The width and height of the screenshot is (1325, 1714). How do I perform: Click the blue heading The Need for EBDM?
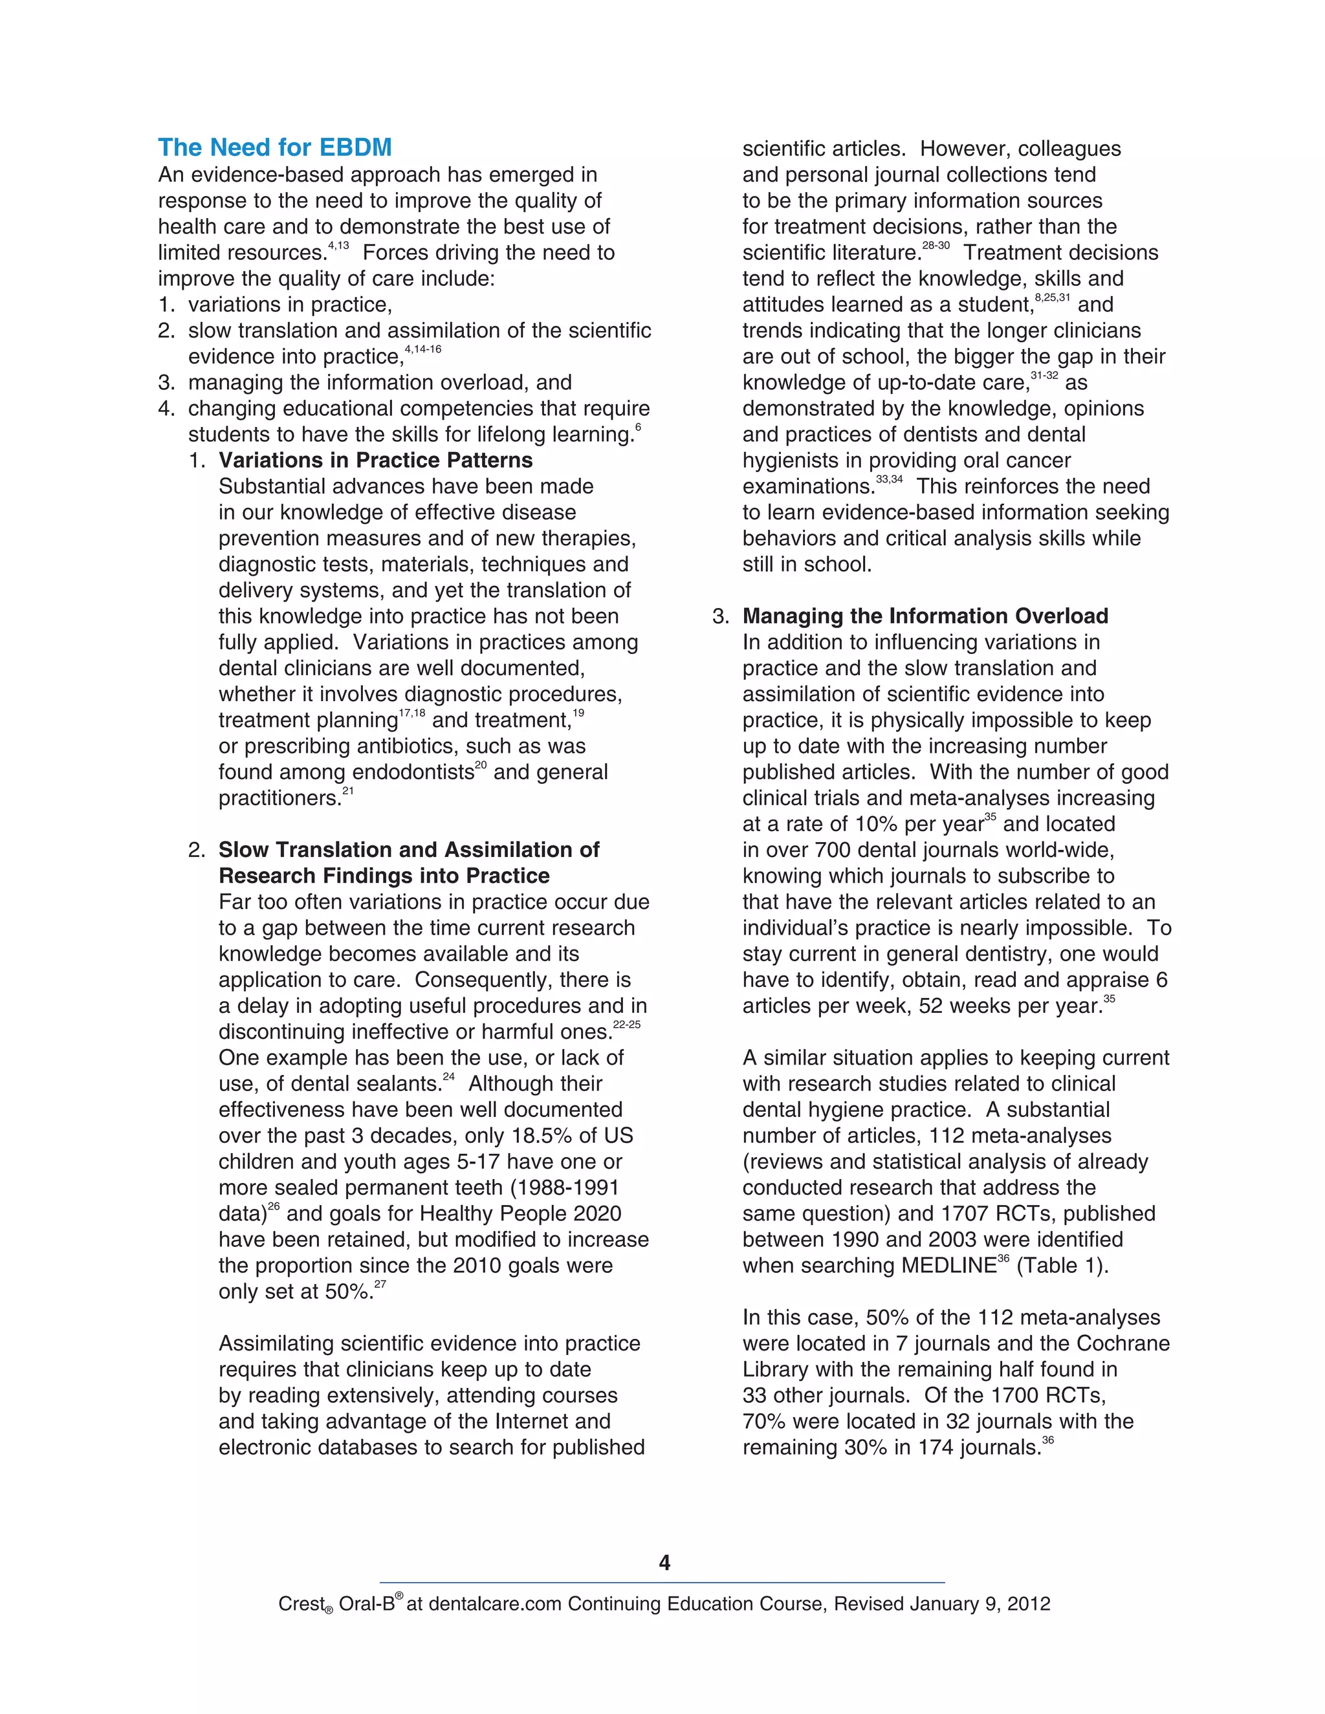pos(275,147)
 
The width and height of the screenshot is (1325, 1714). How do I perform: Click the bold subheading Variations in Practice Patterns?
pos(375,460)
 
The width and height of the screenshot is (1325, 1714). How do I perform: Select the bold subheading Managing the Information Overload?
pos(925,616)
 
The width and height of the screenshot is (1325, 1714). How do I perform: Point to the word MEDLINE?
pos(947,1266)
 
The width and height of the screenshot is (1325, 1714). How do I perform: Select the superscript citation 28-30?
pos(935,246)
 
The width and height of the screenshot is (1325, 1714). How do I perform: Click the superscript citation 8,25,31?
pos(1052,298)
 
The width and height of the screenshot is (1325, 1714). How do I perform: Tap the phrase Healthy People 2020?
pos(520,1214)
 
